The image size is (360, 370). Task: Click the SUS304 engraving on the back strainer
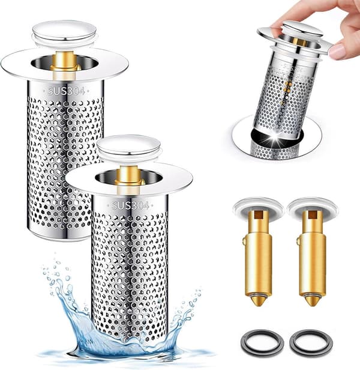point(66,91)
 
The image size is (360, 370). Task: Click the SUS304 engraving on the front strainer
point(130,205)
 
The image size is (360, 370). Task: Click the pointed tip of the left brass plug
point(257,305)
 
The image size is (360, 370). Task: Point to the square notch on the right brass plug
point(313,214)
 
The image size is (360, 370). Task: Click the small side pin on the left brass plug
point(244,241)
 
